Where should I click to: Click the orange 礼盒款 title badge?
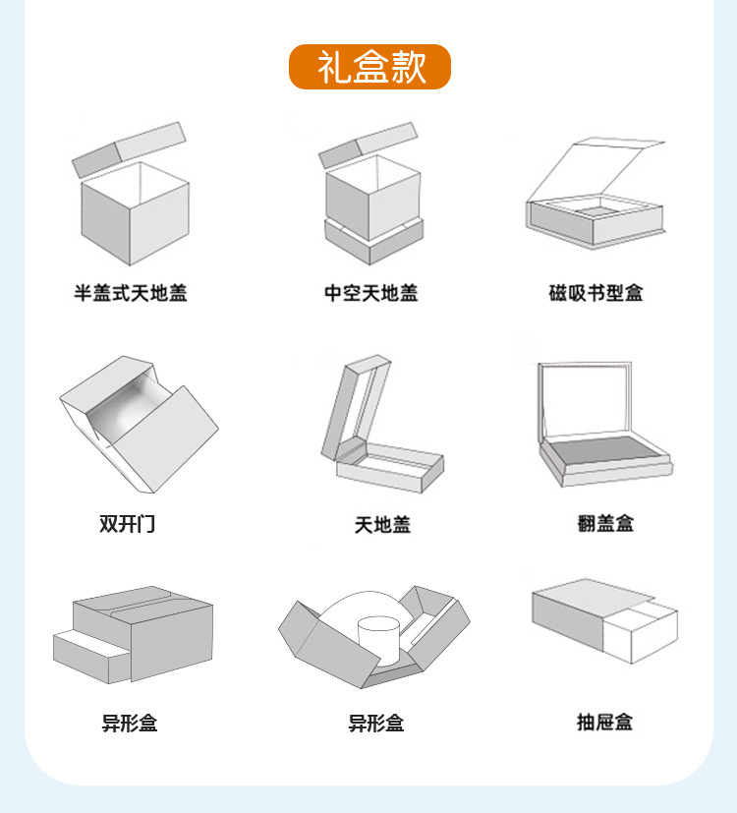[369, 67]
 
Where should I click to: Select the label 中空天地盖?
[371, 293]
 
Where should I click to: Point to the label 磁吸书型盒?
[596, 293]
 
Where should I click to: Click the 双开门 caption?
[127, 524]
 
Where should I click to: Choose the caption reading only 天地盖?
[382, 525]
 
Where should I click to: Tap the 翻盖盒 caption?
[605, 524]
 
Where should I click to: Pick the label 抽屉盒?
[604, 723]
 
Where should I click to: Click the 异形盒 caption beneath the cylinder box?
[376, 724]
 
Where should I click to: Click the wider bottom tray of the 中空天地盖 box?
[373, 240]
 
